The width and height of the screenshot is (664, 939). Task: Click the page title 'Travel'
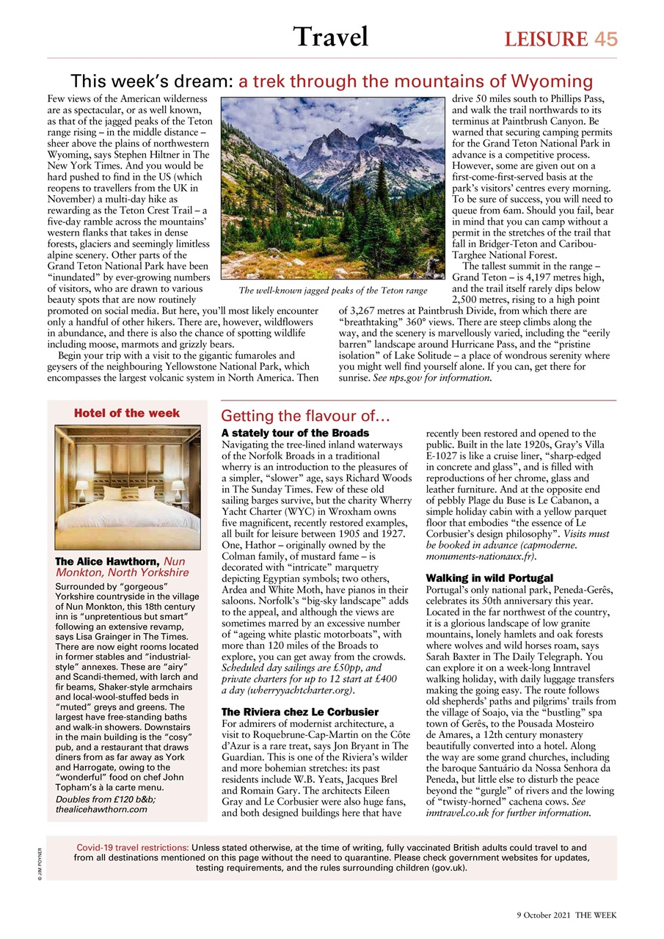tap(330, 36)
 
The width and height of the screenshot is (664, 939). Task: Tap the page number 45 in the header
tap(605, 39)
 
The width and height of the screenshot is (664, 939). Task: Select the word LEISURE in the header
tap(545, 39)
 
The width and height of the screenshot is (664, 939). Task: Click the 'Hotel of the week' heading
tap(127, 413)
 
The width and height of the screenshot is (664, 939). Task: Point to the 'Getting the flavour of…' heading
tap(299, 416)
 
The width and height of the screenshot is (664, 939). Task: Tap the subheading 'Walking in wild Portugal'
tap(489, 578)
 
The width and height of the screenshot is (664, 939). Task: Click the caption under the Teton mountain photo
tap(332, 291)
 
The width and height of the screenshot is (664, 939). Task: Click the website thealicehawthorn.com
tap(101, 809)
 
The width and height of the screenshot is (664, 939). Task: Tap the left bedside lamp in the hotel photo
tap(81, 487)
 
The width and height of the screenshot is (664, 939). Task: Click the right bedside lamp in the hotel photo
tap(178, 487)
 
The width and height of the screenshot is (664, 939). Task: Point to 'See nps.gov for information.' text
tap(431, 378)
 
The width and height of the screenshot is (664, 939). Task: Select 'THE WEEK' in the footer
tap(596, 914)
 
